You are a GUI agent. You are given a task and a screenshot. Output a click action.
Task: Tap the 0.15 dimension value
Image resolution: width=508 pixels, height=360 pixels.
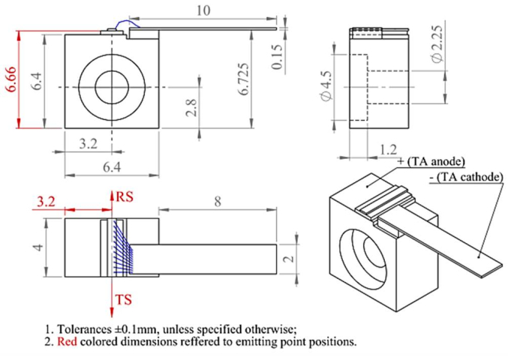[x=278, y=57]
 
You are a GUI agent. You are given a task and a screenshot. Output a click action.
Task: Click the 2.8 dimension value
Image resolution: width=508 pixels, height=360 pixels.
[x=191, y=106]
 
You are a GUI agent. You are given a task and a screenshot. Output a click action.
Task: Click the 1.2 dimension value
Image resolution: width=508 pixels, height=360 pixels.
[x=387, y=149]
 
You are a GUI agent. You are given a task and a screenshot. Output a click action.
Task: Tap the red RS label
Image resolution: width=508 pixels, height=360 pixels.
[x=125, y=196]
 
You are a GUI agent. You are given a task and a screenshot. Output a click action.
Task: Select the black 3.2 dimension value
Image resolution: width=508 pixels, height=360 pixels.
[x=88, y=143]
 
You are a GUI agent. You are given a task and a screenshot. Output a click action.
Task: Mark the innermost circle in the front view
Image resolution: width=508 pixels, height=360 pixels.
[x=113, y=84]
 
